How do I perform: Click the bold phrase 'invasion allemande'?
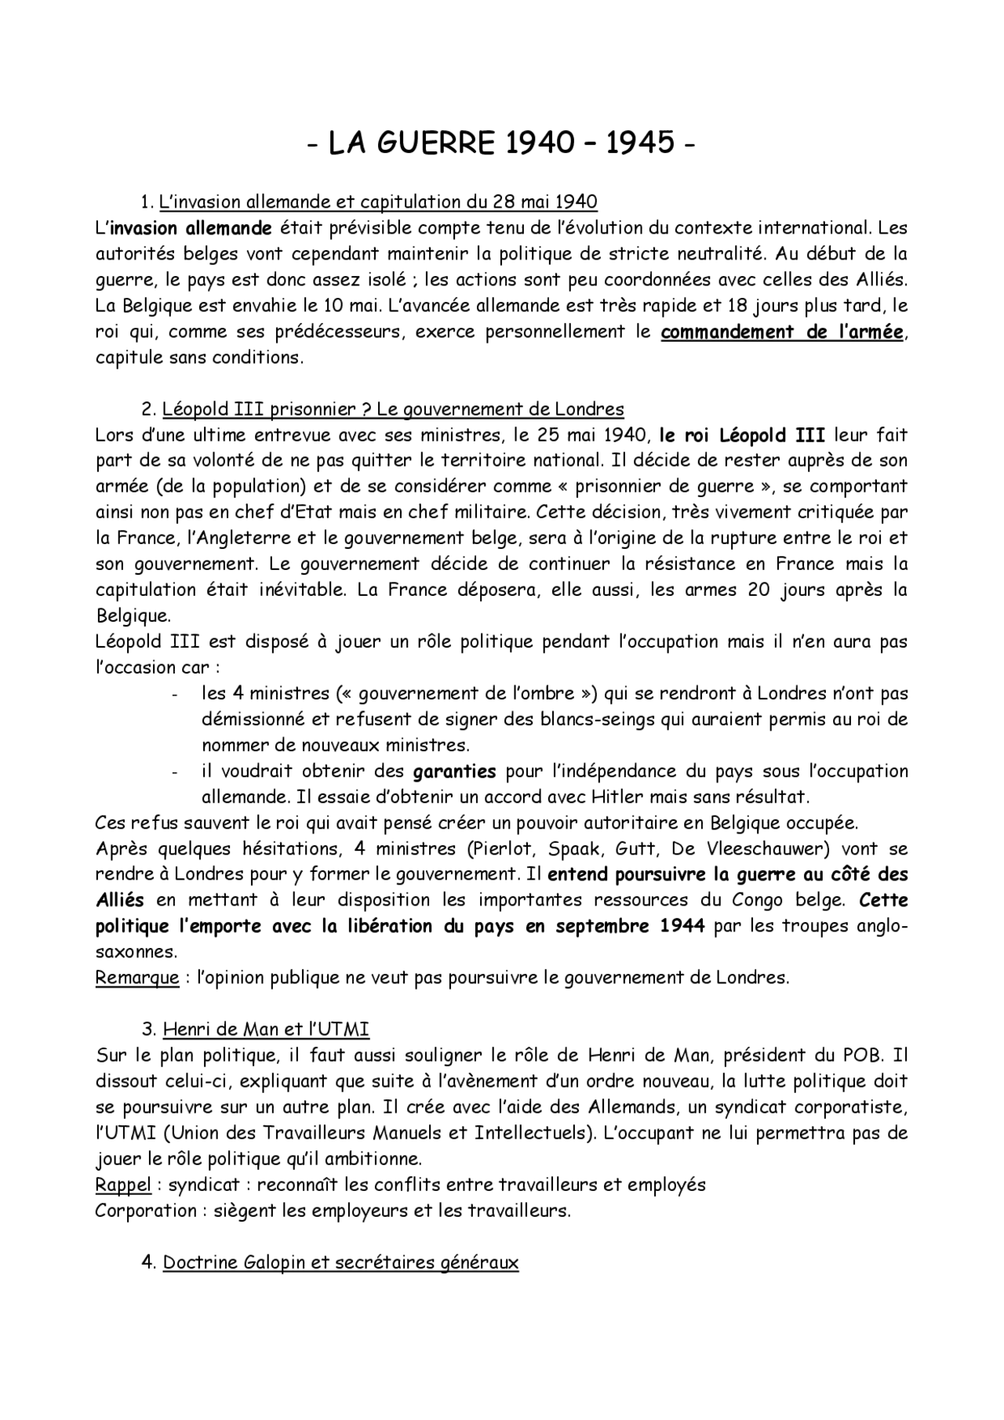(x=191, y=228)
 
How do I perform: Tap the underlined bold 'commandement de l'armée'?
(x=782, y=332)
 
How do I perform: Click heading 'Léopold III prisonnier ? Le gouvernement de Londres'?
(x=393, y=409)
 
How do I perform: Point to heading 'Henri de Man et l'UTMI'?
(x=266, y=1030)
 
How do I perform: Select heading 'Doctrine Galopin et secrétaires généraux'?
(x=340, y=1263)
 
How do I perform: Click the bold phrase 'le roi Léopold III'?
(x=742, y=435)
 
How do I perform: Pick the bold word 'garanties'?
(x=454, y=772)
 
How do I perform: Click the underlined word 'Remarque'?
(x=137, y=978)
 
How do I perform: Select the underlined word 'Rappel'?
(x=123, y=1185)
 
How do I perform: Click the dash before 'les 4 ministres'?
(x=174, y=695)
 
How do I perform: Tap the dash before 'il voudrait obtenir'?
(x=174, y=772)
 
